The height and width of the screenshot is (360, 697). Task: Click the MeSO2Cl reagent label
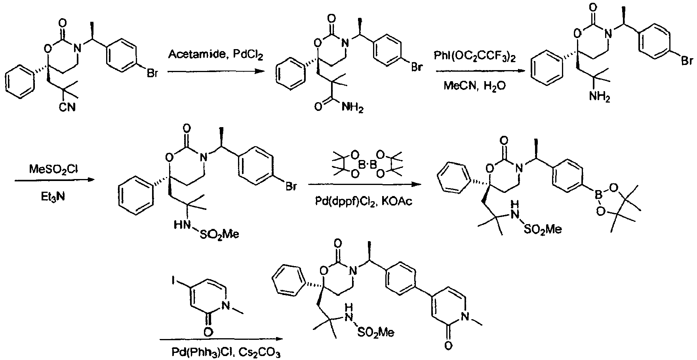[54, 170]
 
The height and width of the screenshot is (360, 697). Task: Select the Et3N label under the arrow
[54, 195]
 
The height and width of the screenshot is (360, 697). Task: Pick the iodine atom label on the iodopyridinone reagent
[174, 270]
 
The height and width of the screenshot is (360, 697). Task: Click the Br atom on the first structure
[152, 74]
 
